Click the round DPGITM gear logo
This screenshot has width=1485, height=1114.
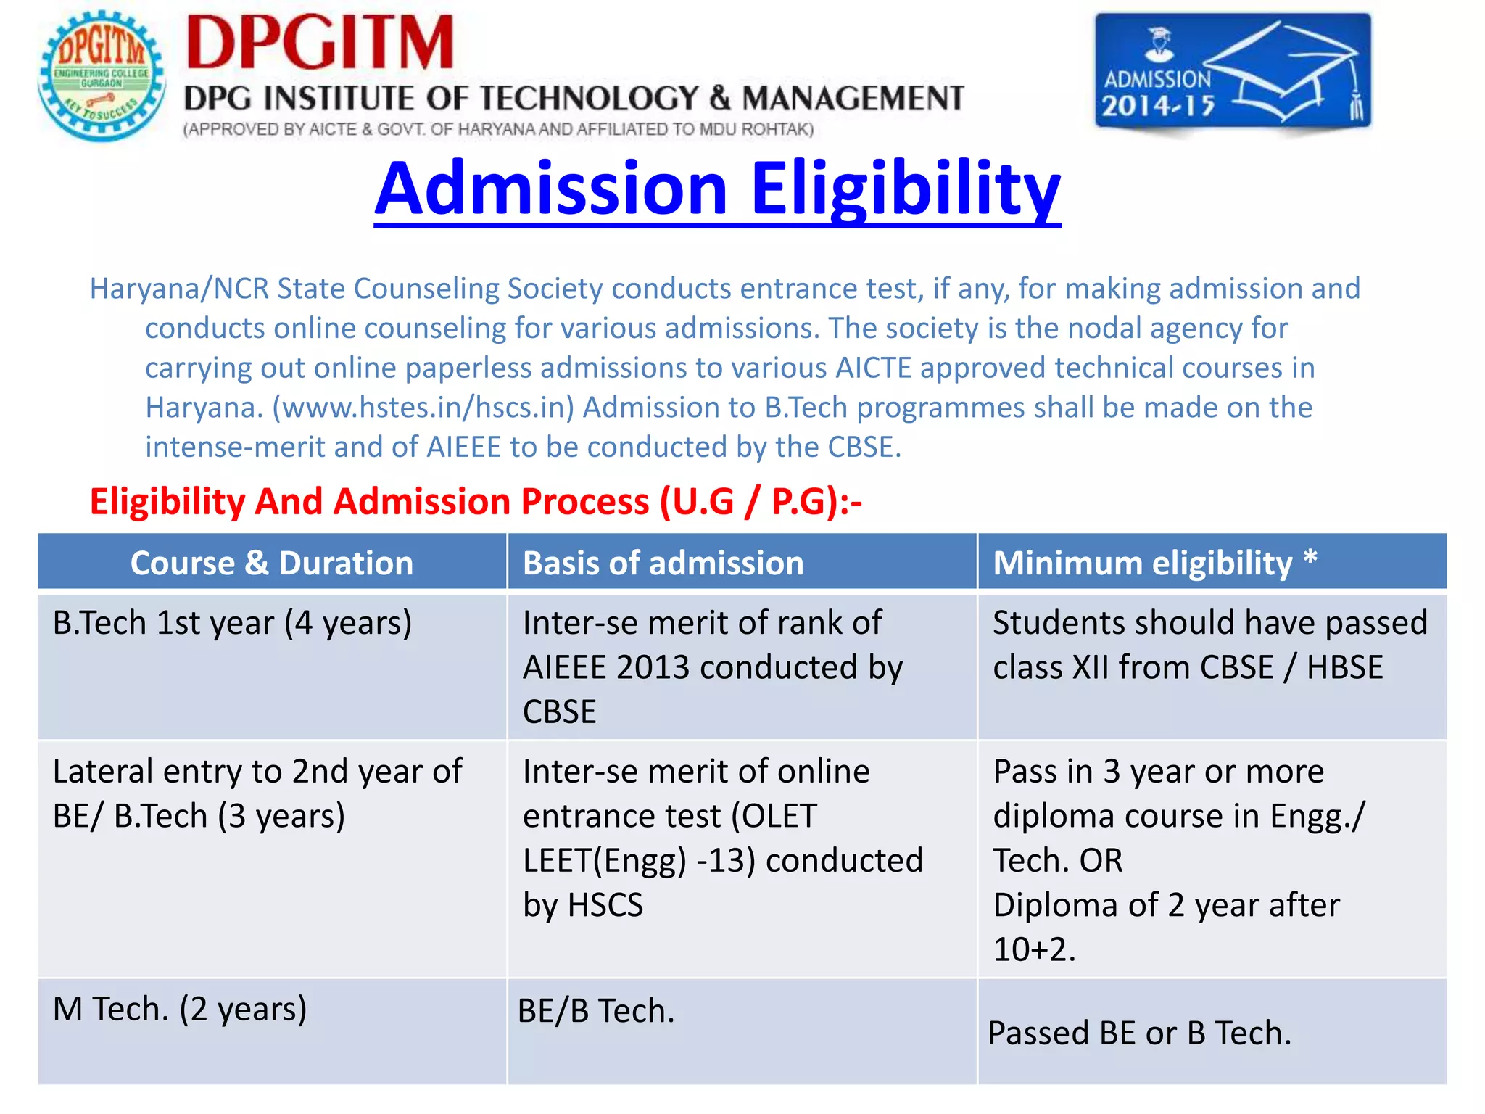(x=102, y=76)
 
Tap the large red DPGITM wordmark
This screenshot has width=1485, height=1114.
(x=320, y=44)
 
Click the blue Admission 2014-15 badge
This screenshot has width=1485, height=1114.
(x=1232, y=73)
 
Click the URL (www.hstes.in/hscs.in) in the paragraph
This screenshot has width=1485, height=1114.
(x=423, y=408)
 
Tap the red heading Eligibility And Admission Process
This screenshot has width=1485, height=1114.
(x=476, y=501)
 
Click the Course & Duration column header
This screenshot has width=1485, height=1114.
(x=272, y=563)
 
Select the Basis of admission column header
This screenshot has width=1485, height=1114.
(x=663, y=563)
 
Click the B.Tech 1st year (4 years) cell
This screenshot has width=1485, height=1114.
(x=232, y=623)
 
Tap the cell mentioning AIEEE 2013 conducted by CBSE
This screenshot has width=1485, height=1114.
(x=712, y=667)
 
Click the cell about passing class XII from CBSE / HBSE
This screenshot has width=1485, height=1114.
(x=1209, y=645)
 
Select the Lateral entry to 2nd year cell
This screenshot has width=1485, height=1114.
(x=257, y=793)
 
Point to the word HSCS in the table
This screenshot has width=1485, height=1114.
(x=605, y=905)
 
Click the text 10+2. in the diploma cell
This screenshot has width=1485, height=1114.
(x=1034, y=949)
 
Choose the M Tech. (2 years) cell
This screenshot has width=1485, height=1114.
(x=180, y=1009)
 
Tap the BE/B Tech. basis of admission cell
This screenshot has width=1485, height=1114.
(x=596, y=1011)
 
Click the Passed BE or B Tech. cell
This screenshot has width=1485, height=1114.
(x=1139, y=1033)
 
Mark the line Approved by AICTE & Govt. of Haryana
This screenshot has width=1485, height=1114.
(x=498, y=130)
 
